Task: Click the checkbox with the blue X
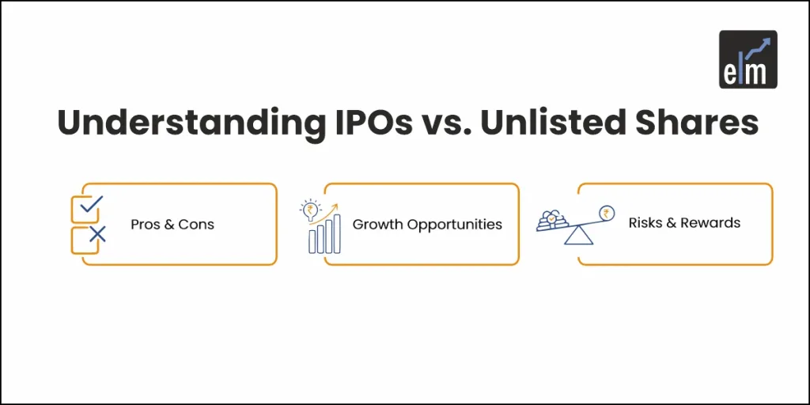point(85,240)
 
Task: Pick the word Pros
point(146,225)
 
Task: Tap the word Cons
point(196,225)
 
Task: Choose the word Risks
point(646,223)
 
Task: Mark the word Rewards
point(710,223)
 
